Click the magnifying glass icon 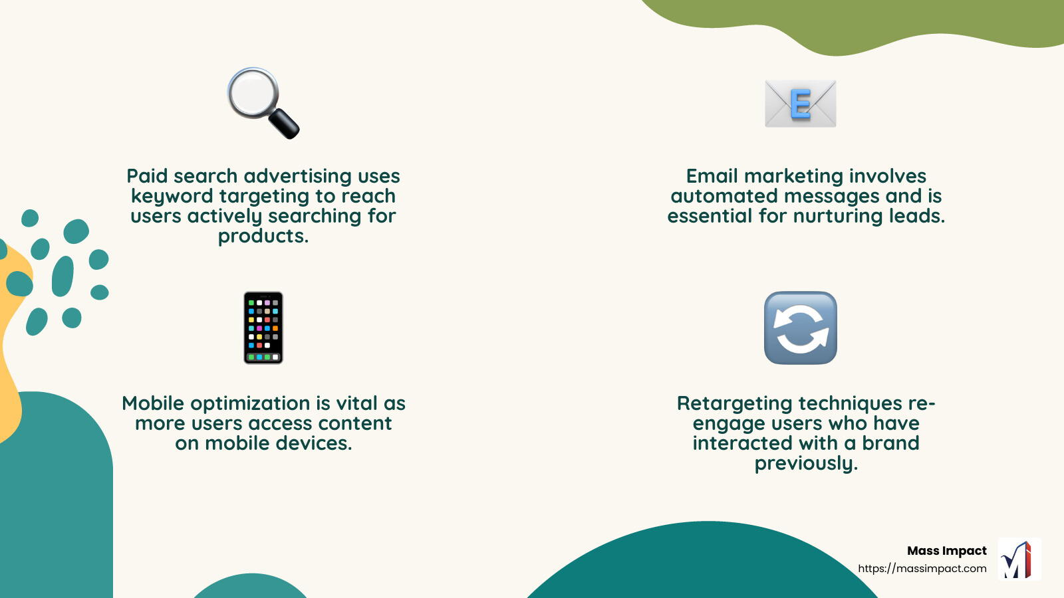coord(262,102)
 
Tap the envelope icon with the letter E coord(800,104)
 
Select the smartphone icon coord(263,328)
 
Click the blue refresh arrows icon coord(800,328)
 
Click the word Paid coord(147,176)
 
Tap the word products coord(263,237)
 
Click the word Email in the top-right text coord(712,176)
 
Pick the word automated coord(724,196)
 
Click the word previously coord(806,463)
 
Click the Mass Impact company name coord(946,551)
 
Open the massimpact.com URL coord(922,569)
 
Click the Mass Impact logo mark coord(1019,559)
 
